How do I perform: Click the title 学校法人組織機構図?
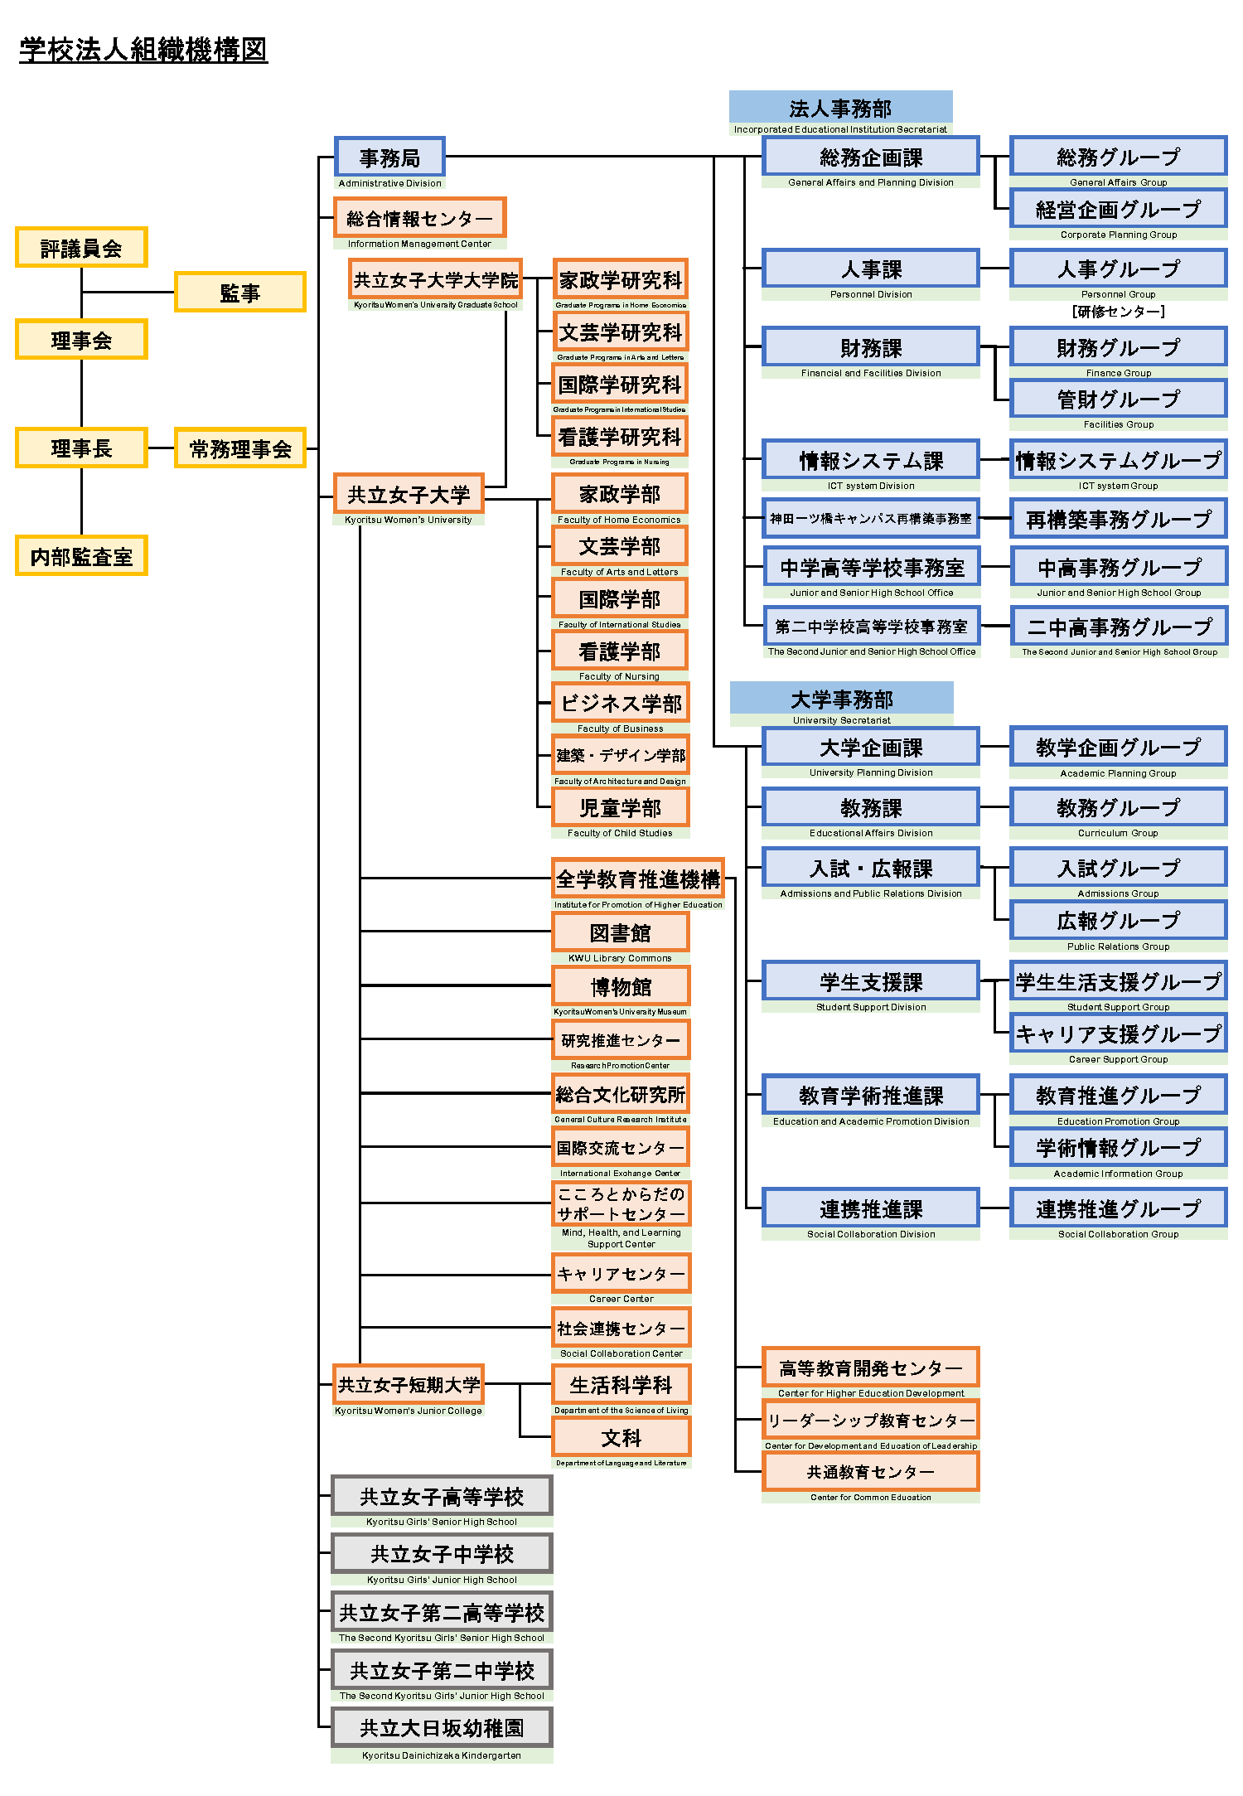click(x=143, y=50)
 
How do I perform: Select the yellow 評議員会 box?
click(x=81, y=248)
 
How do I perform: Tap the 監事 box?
click(x=239, y=293)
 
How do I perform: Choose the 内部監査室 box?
click(x=81, y=556)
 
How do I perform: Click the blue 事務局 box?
click(x=389, y=157)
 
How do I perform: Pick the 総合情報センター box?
click(x=419, y=219)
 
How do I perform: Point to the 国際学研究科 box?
click(x=620, y=385)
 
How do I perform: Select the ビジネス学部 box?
click(x=620, y=703)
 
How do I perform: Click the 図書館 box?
click(x=620, y=932)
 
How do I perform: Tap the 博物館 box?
click(x=620, y=986)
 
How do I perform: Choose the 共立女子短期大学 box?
click(x=409, y=1385)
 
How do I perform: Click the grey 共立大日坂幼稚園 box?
click(x=442, y=1728)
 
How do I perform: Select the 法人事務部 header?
click(x=840, y=108)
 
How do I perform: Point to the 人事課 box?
click(x=871, y=269)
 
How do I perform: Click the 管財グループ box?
click(x=1118, y=399)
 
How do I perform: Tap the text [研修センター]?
click(x=1118, y=312)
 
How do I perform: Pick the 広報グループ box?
click(x=1118, y=921)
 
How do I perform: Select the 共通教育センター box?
click(x=870, y=1472)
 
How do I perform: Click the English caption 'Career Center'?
click(x=621, y=1299)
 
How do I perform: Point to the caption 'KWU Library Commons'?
click(x=620, y=958)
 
